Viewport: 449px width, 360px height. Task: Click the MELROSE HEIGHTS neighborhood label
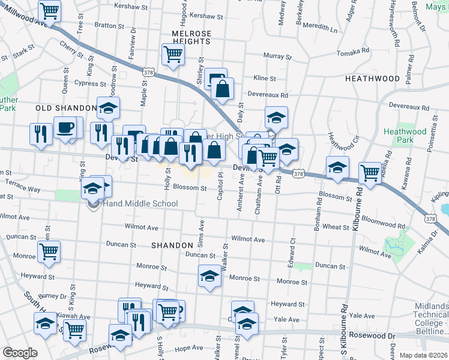point(191,37)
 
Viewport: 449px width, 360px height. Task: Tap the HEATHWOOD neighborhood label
point(372,79)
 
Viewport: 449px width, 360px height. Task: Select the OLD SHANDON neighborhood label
point(66,108)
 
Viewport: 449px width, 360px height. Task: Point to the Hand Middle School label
point(140,203)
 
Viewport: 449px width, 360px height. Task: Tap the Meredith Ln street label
point(320,27)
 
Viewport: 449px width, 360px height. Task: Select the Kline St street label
point(264,78)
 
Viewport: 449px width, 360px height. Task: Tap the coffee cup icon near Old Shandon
point(65,127)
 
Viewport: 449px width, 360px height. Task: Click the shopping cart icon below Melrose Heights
point(173,55)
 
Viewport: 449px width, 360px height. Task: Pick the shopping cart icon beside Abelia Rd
point(370,172)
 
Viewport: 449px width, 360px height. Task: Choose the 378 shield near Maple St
point(148,72)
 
